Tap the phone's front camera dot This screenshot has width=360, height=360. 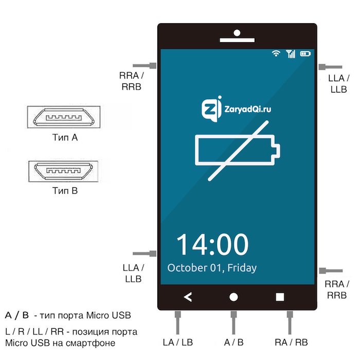point(237,33)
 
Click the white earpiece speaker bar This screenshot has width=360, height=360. point(237,40)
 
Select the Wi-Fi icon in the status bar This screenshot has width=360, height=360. point(276,53)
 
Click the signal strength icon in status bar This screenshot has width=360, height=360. point(291,53)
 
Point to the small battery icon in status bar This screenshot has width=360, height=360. point(305,53)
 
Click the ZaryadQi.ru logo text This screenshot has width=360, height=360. point(247,109)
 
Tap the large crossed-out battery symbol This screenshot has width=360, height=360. point(238,150)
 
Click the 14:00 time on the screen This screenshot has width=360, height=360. point(212,244)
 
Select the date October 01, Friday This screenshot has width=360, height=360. point(212,268)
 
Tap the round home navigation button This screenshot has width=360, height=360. point(233,297)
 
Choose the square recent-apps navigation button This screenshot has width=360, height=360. point(280,297)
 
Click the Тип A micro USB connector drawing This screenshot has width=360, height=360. point(64,117)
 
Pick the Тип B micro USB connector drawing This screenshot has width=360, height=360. point(64,171)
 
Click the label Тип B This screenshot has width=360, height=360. point(65,191)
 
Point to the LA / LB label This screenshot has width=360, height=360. point(178,343)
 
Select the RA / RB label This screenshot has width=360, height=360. point(291,343)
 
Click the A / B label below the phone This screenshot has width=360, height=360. point(233,343)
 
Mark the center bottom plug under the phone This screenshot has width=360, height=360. point(233,322)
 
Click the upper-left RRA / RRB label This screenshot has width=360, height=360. point(131,81)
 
